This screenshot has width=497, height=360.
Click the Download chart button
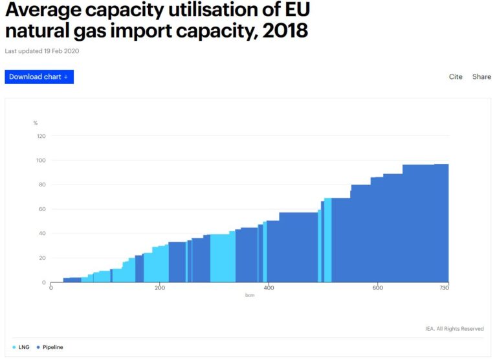pos(39,77)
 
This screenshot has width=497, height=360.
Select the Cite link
pos(456,77)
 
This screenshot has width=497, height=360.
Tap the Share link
pos(481,77)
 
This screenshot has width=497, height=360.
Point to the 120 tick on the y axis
pos(41,136)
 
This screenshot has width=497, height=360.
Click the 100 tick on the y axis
pos(41,161)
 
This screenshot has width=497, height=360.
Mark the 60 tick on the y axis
pos(41,209)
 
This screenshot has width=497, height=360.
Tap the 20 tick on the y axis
pos(41,258)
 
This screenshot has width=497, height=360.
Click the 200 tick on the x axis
pos(160,288)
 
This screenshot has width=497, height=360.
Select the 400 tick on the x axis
pos(269,288)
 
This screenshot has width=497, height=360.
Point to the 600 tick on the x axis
pos(377,288)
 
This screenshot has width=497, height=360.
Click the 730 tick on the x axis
pos(444,288)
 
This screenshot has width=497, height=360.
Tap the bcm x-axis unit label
pos(249,295)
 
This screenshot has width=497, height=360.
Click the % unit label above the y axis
pos(36,123)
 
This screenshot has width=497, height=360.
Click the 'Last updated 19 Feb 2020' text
pos(42,51)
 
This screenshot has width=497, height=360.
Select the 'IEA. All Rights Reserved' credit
pos(454,329)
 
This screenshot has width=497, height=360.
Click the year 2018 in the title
pos(284,30)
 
